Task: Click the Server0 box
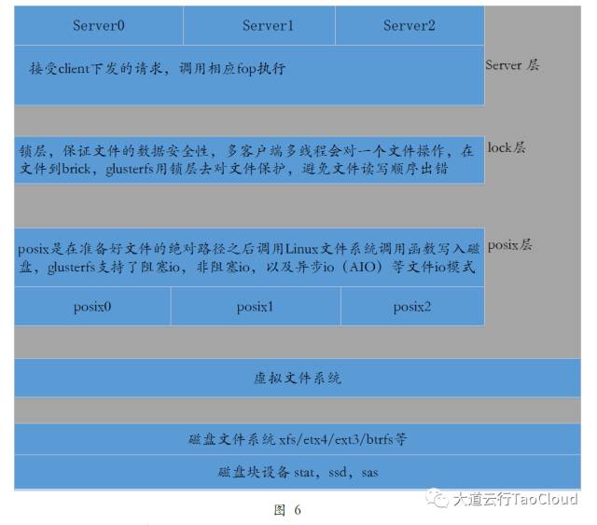pyautogui.click(x=99, y=26)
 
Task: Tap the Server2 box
pyautogui.click(x=409, y=26)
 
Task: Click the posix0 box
pyautogui.click(x=92, y=306)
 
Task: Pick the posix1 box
pyautogui.click(x=255, y=306)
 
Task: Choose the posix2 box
pyautogui.click(x=411, y=306)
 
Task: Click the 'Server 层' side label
pyautogui.click(x=512, y=65)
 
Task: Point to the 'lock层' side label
pyautogui.click(x=507, y=147)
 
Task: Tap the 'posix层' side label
pyautogui.click(x=510, y=245)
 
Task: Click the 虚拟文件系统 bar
pyautogui.click(x=298, y=379)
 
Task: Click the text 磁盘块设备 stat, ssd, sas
pyautogui.click(x=298, y=472)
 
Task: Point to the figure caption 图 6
pyautogui.click(x=287, y=510)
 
